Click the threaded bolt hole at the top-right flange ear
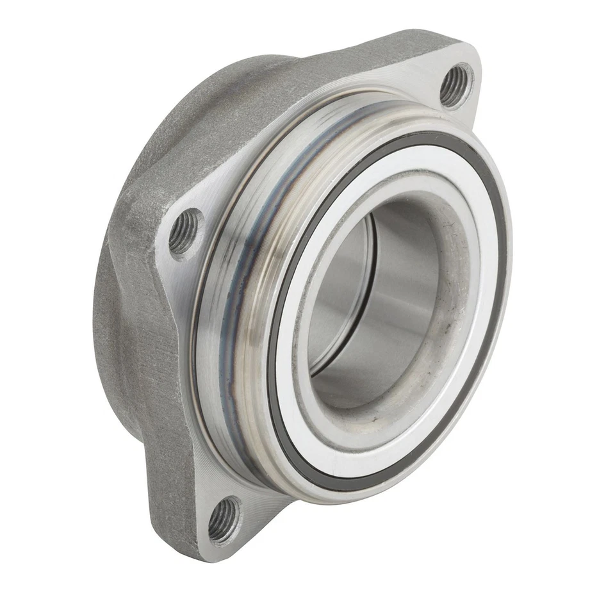point(455,85)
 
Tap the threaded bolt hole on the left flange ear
point(184,232)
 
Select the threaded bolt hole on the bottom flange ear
point(224,518)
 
